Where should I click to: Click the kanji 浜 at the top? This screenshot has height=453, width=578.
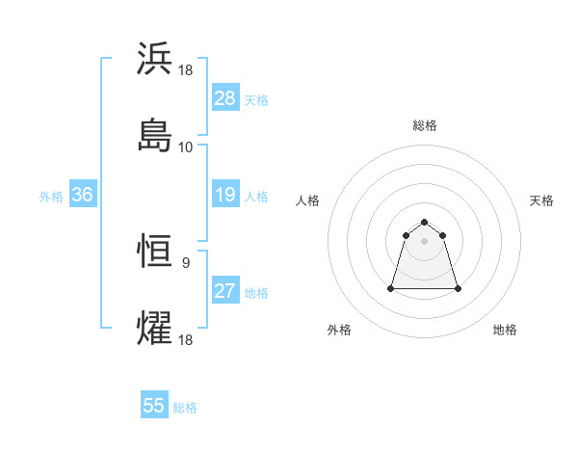[155, 59]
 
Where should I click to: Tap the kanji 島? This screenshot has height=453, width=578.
[155, 136]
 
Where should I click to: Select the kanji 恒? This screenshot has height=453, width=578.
[155, 252]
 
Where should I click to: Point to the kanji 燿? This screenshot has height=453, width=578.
[155, 329]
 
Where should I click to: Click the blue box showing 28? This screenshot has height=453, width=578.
[225, 98]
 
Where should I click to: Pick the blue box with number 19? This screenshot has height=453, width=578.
[225, 195]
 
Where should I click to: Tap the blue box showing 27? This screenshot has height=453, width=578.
[225, 291]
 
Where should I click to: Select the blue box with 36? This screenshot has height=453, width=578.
[83, 195]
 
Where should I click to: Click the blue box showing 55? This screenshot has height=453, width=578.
[154, 406]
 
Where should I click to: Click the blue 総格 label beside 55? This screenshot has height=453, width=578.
[185, 408]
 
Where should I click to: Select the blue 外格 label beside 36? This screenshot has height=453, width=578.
[51, 197]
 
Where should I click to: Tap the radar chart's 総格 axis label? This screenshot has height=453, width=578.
[425, 125]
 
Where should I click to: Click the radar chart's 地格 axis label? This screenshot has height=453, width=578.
[505, 331]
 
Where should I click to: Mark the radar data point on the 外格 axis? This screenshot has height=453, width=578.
[392, 288]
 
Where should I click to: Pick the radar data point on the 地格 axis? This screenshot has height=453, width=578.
[458, 288]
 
